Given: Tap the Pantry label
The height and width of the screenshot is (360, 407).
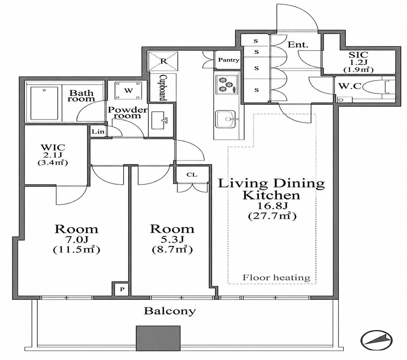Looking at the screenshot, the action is pos(229,60).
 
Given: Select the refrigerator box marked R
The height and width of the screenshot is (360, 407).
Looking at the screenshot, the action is pos(163,61).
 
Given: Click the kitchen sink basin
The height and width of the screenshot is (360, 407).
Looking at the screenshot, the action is pos(225,119).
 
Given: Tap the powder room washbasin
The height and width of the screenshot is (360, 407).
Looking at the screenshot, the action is pos(160,120).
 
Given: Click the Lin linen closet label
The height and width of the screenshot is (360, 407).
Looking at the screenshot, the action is pos(98,132).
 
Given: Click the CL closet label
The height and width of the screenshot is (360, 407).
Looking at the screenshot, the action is pos(192,175).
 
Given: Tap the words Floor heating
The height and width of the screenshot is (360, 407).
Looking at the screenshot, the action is pos(276,278).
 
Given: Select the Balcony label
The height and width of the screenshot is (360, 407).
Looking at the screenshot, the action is pos(170,311).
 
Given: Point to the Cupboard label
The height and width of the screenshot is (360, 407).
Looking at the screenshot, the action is pos(163,88).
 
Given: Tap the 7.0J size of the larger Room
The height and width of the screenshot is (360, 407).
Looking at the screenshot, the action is pos(77,239).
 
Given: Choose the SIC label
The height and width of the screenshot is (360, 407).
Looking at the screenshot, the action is pos(358,55).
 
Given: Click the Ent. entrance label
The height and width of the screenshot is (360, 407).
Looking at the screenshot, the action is pos(298,45).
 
